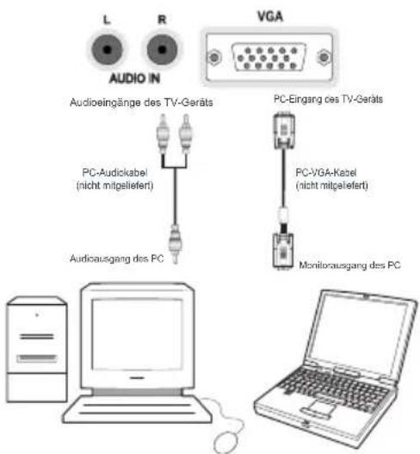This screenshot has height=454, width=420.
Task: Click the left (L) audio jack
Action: click(x=108, y=49)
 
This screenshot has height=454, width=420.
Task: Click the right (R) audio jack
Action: click(x=162, y=49)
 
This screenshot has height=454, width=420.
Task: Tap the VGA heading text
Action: click(x=270, y=16)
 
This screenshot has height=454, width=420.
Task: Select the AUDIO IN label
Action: click(x=134, y=78)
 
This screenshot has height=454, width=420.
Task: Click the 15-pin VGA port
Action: click(x=269, y=58)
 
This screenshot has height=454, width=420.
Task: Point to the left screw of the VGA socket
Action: click(x=214, y=58)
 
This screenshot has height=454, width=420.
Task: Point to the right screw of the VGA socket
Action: click(x=324, y=57)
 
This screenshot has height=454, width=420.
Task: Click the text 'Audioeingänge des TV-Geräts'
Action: click(x=141, y=103)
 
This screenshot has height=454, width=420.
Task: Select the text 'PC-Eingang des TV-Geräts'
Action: click(x=328, y=99)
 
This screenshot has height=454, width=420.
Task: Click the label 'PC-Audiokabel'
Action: click(x=114, y=172)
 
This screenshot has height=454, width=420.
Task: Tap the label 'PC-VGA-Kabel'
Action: click(x=325, y=172)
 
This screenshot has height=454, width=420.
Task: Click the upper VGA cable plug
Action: click(x=284, y=131)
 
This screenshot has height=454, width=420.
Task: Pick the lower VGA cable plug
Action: click(x=283, y=251)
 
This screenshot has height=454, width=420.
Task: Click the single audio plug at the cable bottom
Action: click(x=175, y=244)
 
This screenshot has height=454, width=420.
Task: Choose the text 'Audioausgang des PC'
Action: click(x=116, y=258)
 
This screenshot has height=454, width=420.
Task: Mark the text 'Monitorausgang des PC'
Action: click(x=349, y=265)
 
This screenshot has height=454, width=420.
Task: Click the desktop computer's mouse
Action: click(x=228, y=442)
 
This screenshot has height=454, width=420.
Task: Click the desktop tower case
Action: click(x=37, y=349)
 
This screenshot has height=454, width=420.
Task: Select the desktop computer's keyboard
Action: click(x=137, y=409)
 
